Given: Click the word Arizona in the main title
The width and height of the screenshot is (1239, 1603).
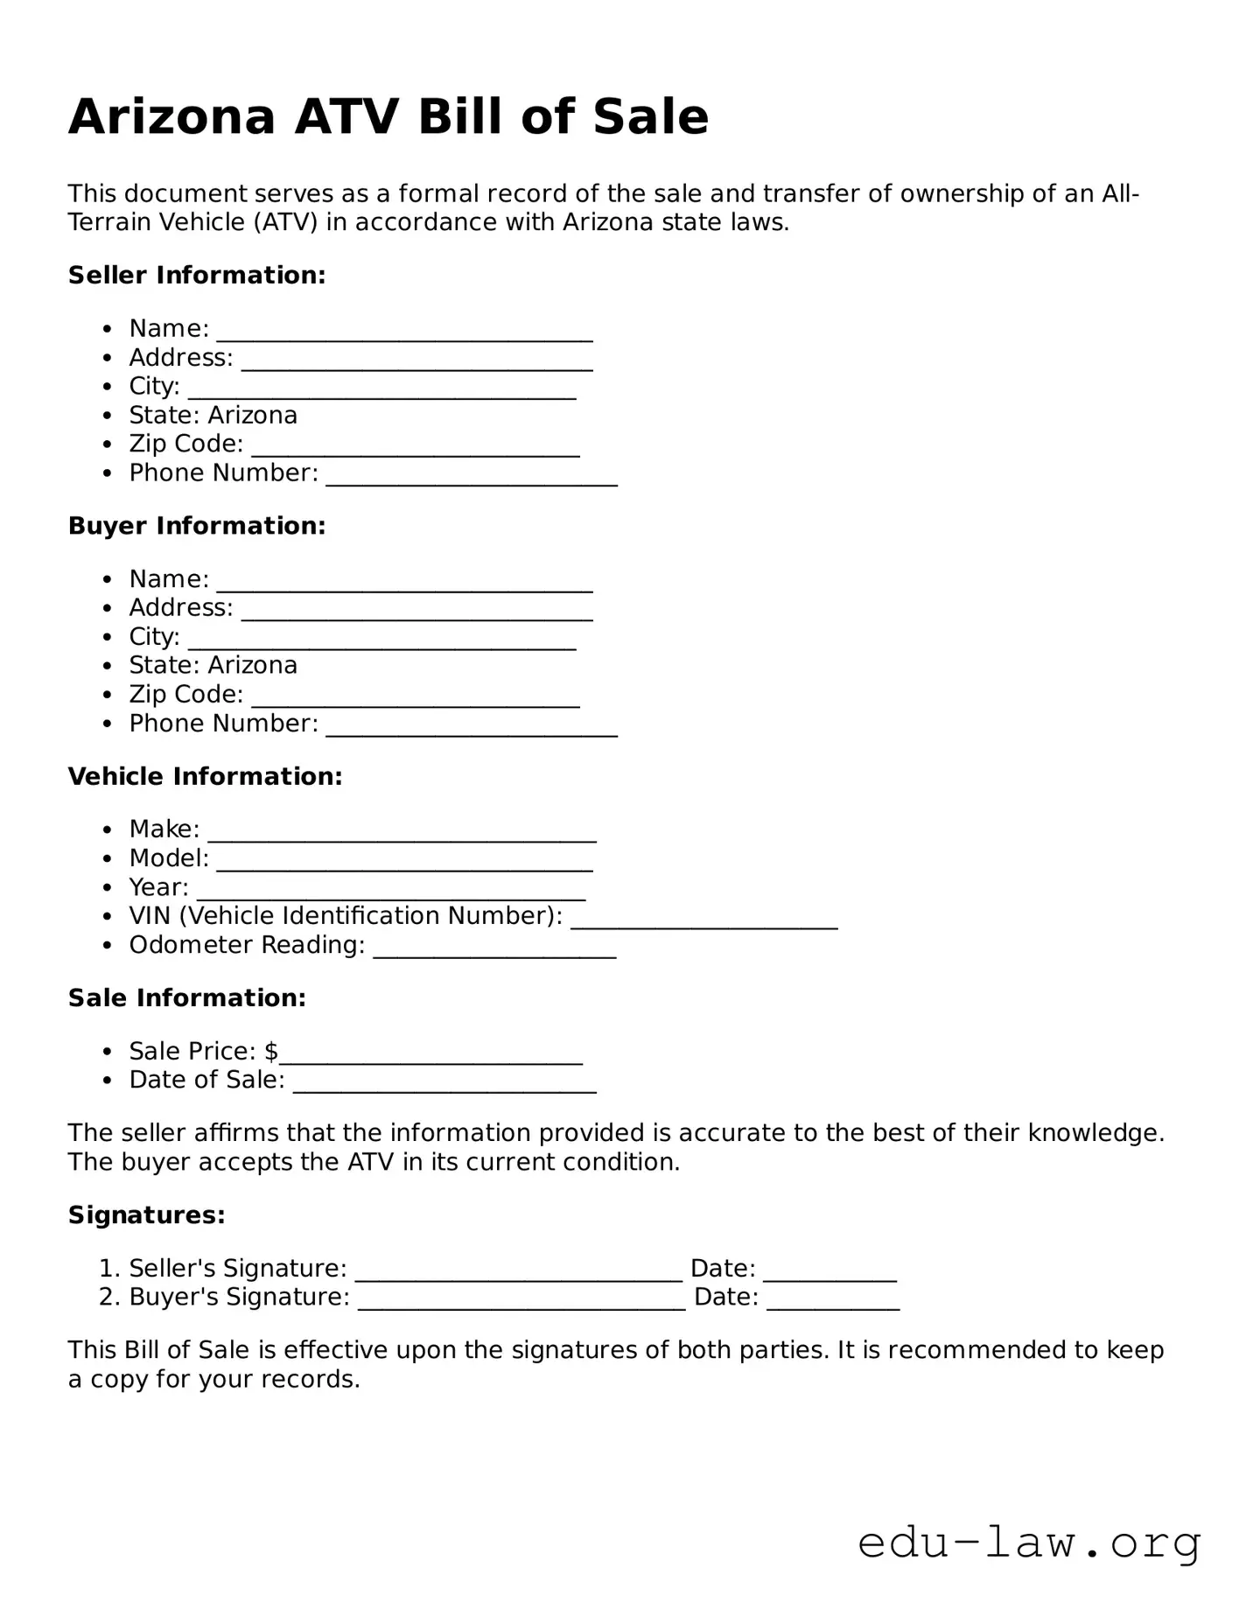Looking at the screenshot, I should point(171,116).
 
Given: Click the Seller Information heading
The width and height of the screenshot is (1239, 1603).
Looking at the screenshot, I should point(197,275).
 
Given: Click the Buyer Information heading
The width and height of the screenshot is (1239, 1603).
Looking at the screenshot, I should point(197,525).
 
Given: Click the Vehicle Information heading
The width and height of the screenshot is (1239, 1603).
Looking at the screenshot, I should point(205,776).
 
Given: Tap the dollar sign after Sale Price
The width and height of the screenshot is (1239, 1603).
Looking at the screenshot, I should point(271,1051).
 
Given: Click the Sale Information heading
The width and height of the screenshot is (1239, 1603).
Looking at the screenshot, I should point(187,997).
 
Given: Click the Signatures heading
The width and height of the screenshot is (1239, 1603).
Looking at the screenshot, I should point(147,1214).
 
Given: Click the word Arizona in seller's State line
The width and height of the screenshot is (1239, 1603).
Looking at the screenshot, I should point(253,415).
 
